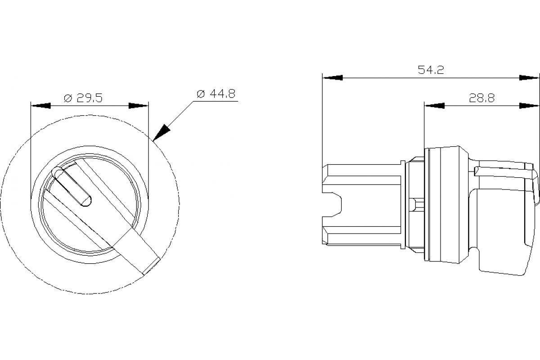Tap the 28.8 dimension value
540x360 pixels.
481,98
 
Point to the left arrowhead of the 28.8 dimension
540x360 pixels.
434,106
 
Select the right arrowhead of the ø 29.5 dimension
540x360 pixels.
139,106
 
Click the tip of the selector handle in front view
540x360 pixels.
151,265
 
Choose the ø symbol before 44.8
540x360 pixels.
201,94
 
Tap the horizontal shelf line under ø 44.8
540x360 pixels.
216,102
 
